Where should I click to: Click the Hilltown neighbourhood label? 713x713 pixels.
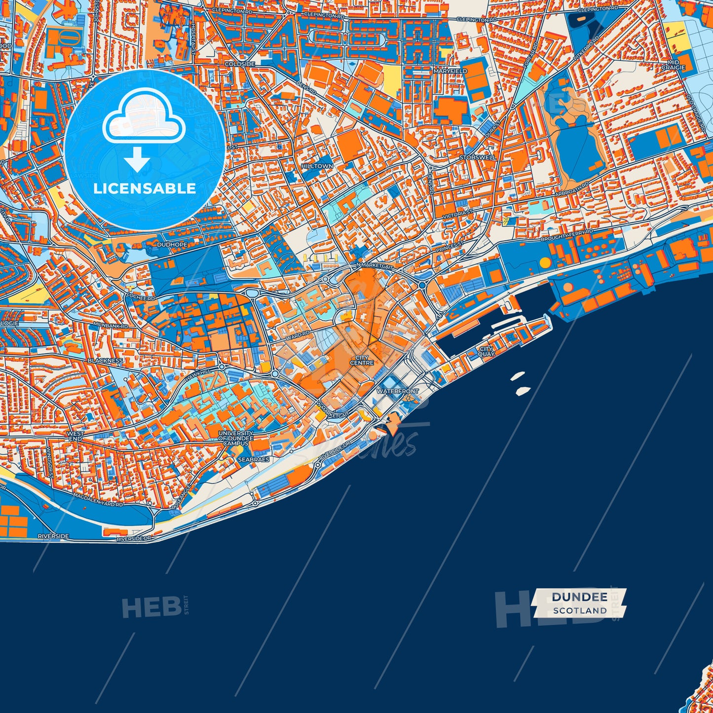[317, 166]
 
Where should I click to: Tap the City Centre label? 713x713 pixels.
[362, 360]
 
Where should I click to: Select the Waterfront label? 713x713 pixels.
[397, 391]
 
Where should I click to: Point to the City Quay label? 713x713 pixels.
[486, 351]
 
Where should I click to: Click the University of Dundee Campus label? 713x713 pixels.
[236, 438]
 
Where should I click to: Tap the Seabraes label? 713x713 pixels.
[254, 459]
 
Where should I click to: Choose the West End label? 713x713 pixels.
[75, 436]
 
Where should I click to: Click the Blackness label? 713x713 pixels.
[105, 361]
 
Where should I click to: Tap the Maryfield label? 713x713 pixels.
[450, 71]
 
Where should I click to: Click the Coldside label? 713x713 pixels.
[240, 64]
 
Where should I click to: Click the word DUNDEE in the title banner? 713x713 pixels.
[579, 597]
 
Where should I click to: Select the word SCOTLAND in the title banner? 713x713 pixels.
[579, 610]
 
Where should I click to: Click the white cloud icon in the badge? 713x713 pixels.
[144, 121]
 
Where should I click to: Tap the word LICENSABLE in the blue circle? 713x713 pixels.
[145, 188]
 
